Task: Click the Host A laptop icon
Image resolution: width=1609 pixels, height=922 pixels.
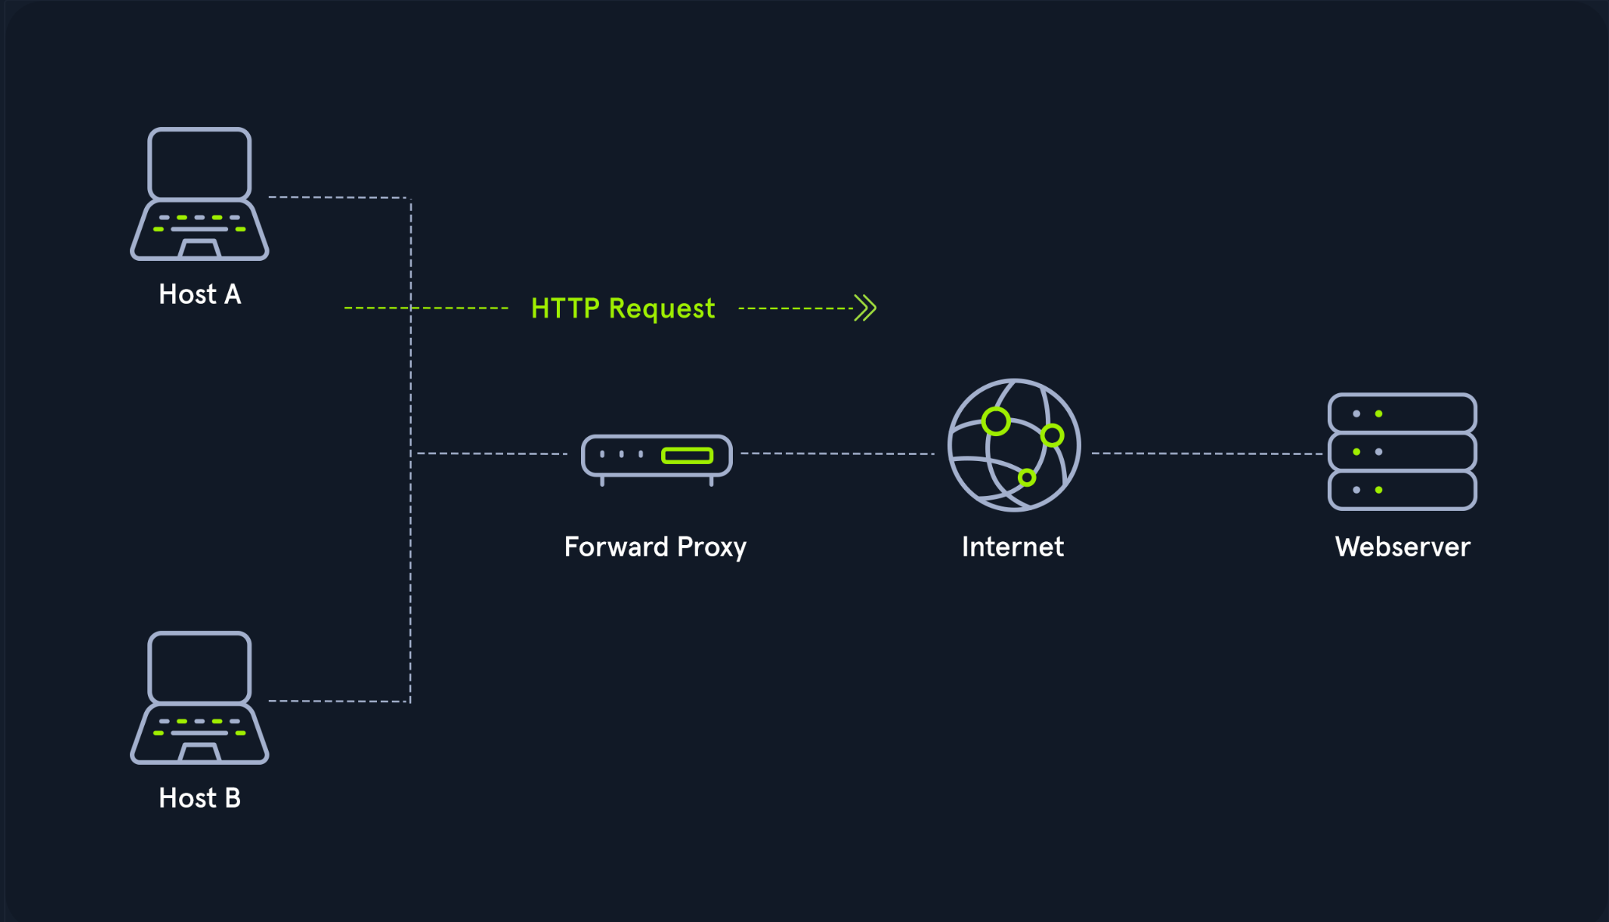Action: [x=199, y=194]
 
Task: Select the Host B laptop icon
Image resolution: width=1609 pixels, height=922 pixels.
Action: [x=199, y=698]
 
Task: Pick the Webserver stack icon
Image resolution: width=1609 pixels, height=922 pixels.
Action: [x=1402, y=452]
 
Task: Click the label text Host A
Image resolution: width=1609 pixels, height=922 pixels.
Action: [x=200, y=294]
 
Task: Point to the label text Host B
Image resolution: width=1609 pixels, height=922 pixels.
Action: [x=200, y=798]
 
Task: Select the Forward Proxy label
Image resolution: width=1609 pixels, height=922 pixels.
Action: [x=655, y=547]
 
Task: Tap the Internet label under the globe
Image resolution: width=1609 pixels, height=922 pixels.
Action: [x=1012, y=547]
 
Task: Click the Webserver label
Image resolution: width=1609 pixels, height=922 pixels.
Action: [x=1403, y=547]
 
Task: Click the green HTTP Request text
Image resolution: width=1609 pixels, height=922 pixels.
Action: [x=622, y=309]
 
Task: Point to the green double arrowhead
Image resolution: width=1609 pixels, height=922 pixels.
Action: [x=865, y=308]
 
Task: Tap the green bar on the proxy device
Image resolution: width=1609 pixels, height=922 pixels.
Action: [x=687, y=456]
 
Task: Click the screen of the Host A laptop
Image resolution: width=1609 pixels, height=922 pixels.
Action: [x=199, y=164]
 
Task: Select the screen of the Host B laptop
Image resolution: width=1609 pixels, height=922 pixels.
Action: [x=199, y=667]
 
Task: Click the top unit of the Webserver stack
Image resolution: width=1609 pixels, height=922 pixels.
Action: [x=1402, y=413]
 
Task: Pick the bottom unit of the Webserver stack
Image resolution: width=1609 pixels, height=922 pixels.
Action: [x=1402, y=490]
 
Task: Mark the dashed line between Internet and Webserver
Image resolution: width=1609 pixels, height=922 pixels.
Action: [x=1206, y=453]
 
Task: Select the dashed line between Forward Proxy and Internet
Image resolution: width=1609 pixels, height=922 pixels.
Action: [x=837, y=453]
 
